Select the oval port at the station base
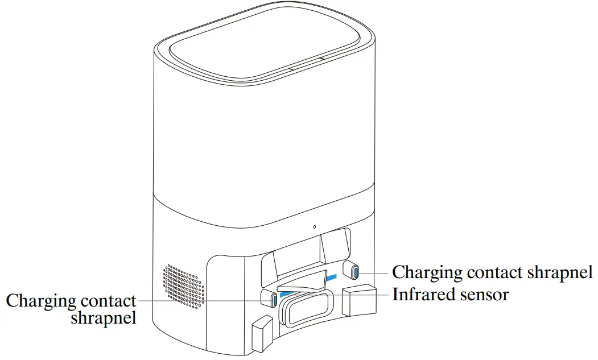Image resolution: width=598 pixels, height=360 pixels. coord(306,311)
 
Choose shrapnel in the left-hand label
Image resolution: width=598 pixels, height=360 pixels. coord(104,318)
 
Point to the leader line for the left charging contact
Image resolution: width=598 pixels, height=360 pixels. coord(205,300)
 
